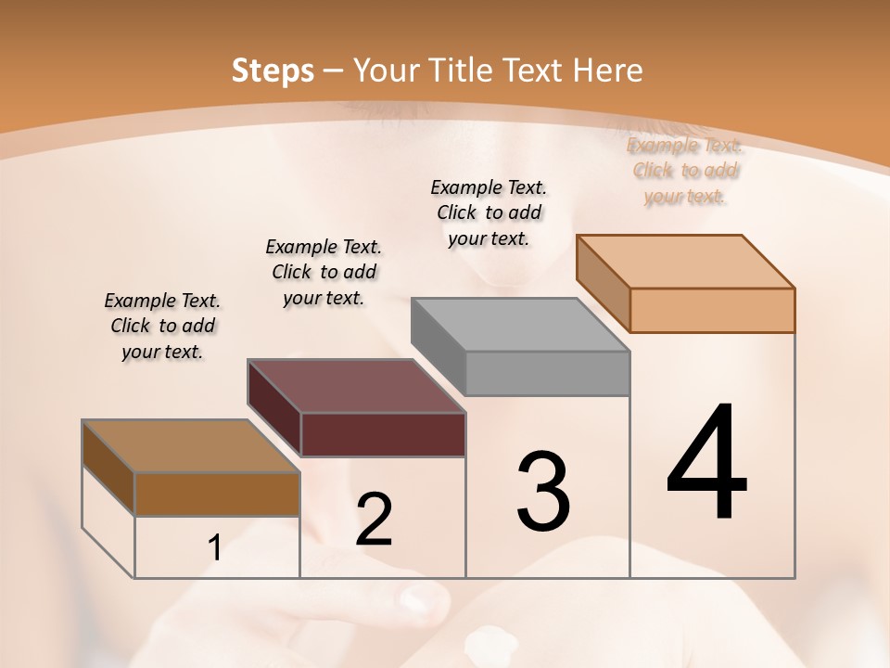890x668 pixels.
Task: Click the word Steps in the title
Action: (x=273, y=71)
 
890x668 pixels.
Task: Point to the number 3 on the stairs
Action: (x=542, y=492)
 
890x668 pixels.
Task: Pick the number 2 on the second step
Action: (x=374, y=520)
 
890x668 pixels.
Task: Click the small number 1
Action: (x=215, y=548)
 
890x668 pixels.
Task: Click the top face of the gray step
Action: (x=519, y=326)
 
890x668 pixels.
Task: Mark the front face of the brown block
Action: (x=217, y=495)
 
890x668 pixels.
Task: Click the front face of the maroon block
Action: (x=383, y=434)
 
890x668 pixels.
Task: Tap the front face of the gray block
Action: (x=547, y=373)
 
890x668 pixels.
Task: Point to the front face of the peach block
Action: (x=712, y=310)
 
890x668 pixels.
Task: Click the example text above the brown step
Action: (x=162, y=326)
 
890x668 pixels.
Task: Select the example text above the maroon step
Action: (x=324, y=272)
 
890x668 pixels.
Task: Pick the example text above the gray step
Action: (x=489, y=212)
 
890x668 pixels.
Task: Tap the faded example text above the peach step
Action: (x=685, y=170)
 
